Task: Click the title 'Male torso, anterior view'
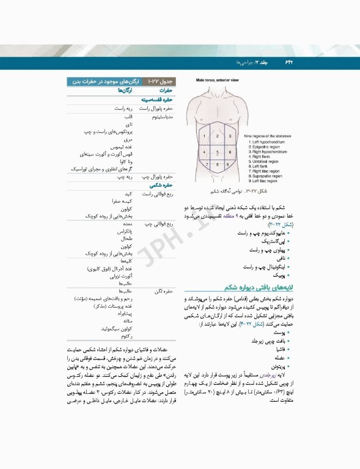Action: click(218, 80)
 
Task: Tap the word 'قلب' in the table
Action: click(128, 116)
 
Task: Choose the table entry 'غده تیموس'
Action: click(122, 147)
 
